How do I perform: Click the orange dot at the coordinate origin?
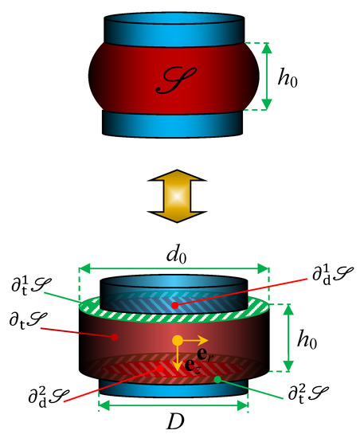pyautogui.click(x=178, y=341)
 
